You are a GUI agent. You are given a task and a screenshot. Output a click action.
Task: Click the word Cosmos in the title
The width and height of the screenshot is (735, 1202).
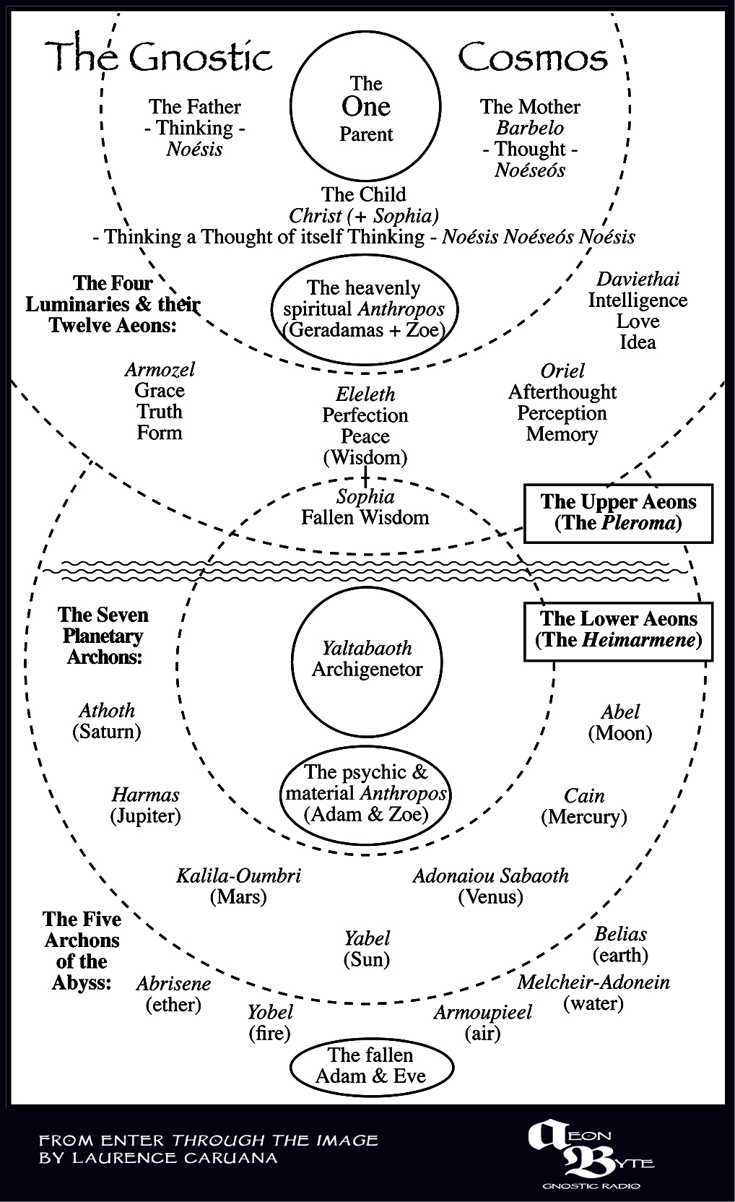(x=532, y=58)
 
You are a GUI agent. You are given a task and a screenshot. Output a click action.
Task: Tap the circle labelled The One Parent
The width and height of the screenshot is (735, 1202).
(x=365, y=107)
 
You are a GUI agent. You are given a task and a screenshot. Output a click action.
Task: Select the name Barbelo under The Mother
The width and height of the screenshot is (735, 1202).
(x=530, y=128)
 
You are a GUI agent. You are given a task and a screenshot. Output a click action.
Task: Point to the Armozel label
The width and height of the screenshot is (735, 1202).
(x=160, y=370)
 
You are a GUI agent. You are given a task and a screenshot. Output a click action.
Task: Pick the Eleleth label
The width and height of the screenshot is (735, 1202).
(x=365, y=394)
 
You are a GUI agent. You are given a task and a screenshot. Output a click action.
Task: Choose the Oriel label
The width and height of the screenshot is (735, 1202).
(x=562, y=371)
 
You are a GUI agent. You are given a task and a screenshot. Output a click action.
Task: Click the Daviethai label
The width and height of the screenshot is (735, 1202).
(x=638, y=280)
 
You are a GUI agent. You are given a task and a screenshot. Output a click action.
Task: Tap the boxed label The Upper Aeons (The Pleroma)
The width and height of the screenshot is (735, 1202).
(x=618, y=513)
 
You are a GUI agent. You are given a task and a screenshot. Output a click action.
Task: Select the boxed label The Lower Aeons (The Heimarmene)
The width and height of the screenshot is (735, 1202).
(x=618, y=631)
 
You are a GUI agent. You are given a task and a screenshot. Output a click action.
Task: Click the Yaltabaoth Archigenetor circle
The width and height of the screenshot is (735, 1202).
(x=367, y=660)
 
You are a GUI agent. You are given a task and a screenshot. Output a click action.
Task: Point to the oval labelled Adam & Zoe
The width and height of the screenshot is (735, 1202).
(x=366, y=794)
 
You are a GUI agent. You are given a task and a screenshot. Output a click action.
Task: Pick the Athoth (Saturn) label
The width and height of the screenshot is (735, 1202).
(x=107, y=721)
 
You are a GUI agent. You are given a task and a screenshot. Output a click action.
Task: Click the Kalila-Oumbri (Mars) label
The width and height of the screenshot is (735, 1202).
(x=238, y=886)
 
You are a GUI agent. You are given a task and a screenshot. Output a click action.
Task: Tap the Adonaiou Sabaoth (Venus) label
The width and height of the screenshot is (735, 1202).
(x=490, y=886)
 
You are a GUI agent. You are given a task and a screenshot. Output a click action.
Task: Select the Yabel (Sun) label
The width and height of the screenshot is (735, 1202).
(x=367, y=948)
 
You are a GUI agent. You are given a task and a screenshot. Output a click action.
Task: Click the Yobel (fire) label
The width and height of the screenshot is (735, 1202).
(x=270, y=1022)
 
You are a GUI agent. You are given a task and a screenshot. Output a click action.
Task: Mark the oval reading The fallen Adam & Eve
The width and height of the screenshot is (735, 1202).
(x=371, y=1066)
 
